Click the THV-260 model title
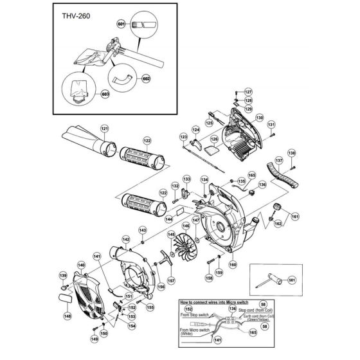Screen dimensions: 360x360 [x=70, y=18]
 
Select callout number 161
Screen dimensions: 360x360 [x=295, y=217]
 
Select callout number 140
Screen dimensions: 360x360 [x=80, y=264]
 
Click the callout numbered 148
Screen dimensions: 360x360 [x=67, y=316]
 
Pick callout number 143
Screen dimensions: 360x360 [x=143, y=230]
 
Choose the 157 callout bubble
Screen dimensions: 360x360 [x=172, y=280]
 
